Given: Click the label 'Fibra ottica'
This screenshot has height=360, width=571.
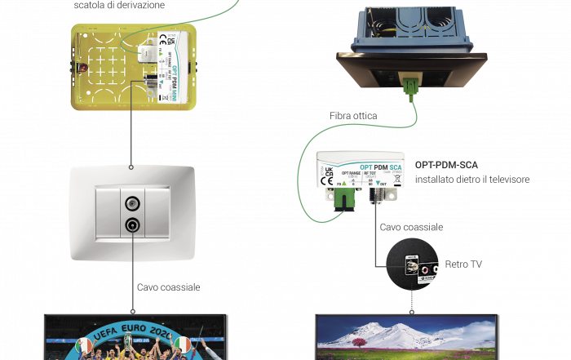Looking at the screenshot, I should (x=353, y=117).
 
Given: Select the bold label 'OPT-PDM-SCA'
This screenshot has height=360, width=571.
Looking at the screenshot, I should (x=445, y=164).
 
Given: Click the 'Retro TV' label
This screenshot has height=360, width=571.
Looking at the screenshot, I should (x=461, y=264).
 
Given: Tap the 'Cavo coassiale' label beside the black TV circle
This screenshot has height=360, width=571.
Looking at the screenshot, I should (x=411, y=226).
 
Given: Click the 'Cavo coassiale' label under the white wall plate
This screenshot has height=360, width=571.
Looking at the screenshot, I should (x=168, y=287).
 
